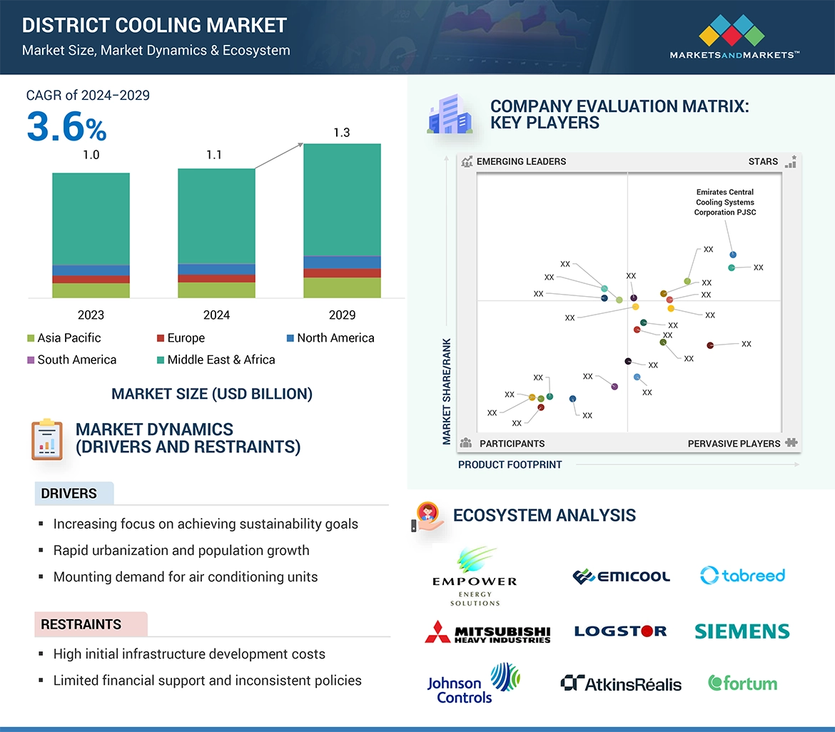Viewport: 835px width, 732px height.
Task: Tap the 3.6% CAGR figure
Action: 66,128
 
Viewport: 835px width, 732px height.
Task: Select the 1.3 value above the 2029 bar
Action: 342,133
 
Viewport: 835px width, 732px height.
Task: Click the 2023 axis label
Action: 91,315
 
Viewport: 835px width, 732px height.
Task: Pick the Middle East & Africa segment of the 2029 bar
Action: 342,200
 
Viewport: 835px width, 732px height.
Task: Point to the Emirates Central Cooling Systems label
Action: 725,202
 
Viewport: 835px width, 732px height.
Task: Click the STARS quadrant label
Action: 763,161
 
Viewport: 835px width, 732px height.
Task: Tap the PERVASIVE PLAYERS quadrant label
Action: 734,444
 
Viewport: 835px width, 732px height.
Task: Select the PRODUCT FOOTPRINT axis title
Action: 510,464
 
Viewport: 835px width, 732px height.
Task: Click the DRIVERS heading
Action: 69,494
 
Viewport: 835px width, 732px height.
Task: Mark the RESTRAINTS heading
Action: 81,624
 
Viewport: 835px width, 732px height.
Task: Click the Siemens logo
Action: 742,631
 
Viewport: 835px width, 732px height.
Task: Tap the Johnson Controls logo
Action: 473,683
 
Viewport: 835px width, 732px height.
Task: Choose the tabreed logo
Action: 742,575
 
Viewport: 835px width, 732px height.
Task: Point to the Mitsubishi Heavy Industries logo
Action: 488,632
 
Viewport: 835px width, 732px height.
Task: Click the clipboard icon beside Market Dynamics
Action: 46,439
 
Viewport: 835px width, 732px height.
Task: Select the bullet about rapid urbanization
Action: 181,550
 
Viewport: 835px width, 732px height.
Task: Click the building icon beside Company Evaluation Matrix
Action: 449,116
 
